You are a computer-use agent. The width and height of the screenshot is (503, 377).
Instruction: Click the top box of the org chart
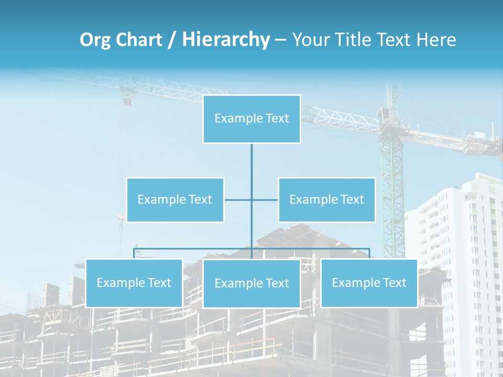click(251, 119)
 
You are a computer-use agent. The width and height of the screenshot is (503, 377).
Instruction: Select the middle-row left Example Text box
click(175, 199)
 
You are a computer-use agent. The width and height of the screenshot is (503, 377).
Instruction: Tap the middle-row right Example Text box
click(326, 199)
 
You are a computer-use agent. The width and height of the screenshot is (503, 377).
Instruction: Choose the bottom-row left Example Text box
click(134, 283)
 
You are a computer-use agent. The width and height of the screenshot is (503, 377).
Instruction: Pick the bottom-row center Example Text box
click(251, 283)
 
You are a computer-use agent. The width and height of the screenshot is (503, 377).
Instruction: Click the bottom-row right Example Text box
click(369, 283)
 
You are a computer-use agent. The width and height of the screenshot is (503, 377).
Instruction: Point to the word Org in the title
click(95, 40)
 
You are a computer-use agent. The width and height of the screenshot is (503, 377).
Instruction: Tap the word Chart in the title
click(139, 40)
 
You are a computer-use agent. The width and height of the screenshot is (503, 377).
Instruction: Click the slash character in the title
click(171, 40)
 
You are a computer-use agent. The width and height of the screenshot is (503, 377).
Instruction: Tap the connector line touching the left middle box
click(237, 199)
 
